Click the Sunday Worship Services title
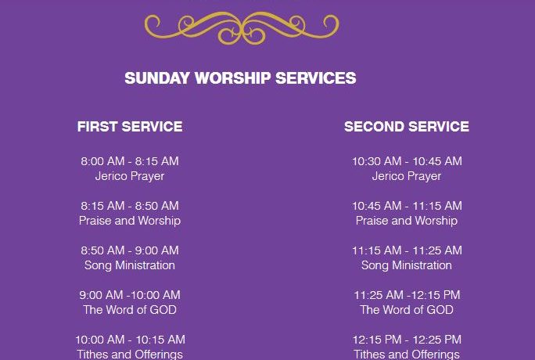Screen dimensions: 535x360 tap(241, 78)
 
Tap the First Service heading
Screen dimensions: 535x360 tap(130, 127)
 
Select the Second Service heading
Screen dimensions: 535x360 tap(407, 127)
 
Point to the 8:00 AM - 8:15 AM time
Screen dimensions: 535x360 tap(130, 161)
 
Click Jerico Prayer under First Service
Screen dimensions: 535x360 tap(130, 176)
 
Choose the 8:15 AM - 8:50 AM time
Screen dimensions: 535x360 tap(130, 206)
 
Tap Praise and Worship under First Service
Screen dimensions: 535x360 tap(130, 221)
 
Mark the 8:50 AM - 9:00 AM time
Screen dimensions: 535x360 tap(130, 250)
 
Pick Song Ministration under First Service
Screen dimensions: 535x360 tap(130, 265)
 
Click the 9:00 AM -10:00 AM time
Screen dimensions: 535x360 tap(130, 295)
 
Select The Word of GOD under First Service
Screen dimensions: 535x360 tap(130, 310)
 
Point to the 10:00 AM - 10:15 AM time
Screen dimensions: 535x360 tap(131, 340)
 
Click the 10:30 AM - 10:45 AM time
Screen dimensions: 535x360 tap(407, 161)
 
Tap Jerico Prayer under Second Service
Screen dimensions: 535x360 tap(407, 176)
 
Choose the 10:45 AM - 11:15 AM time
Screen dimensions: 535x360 tap(407, 206)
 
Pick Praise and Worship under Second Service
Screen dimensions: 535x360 tap(407, 221)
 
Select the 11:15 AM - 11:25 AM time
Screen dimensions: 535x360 tap(407, 250)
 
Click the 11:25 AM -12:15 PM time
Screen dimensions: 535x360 tap(407, 295)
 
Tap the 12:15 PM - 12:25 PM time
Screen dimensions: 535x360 tap(407, 340)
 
